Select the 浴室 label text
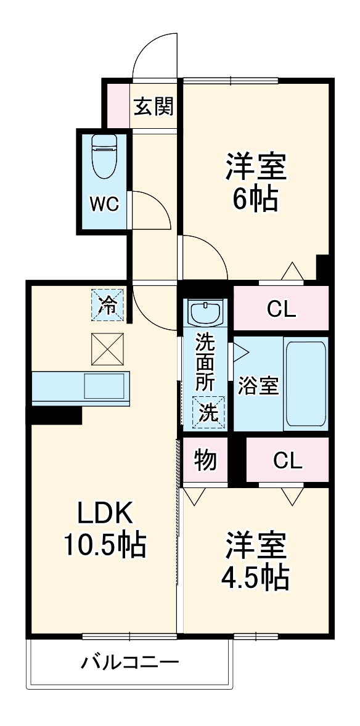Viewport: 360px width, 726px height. [258, 386]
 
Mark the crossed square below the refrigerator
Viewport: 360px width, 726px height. [108, 349]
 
